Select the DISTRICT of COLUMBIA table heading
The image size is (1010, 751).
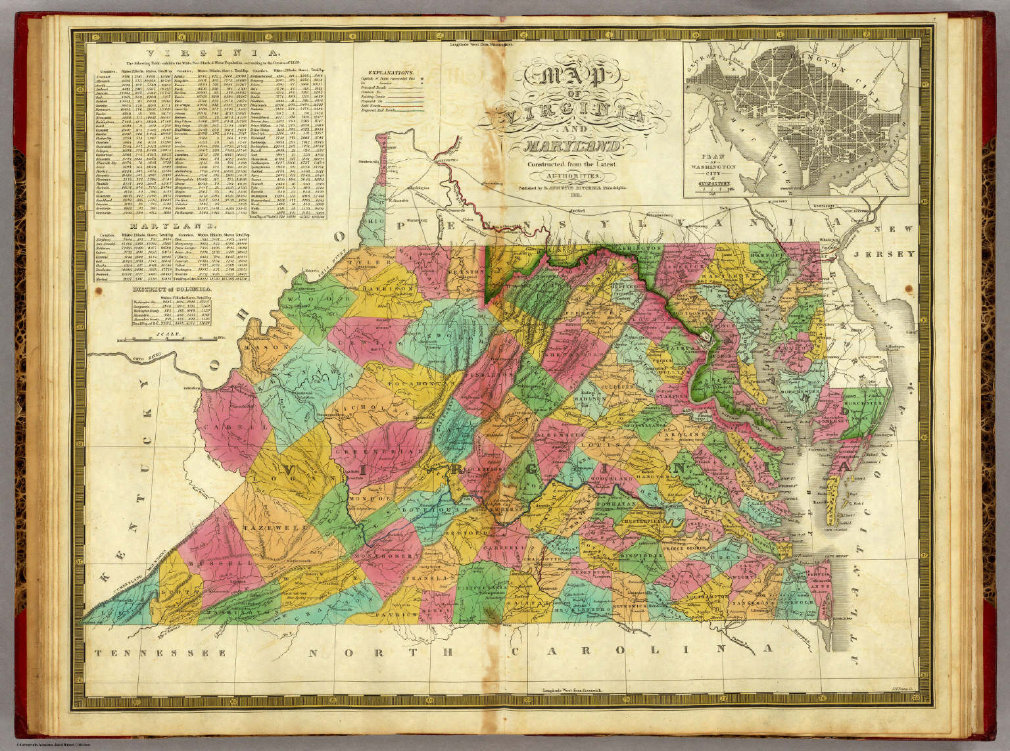pyautogui.click(x=172, y=289)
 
